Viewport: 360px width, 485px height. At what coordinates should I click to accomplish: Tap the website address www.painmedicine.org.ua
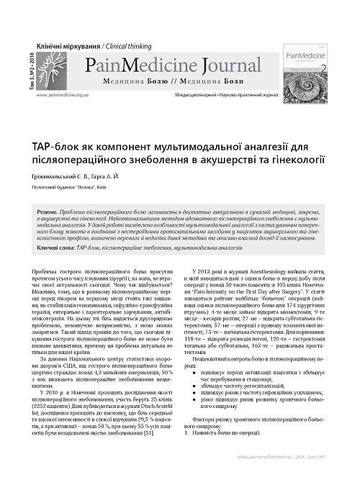pyautogui.click(x=63, y=94)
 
